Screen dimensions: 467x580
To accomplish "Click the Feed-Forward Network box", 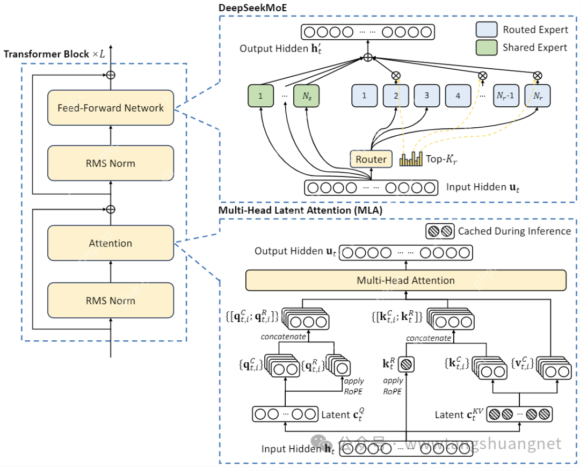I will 111,108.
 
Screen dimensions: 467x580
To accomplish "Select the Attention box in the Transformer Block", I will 111,243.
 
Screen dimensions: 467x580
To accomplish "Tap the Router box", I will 371,159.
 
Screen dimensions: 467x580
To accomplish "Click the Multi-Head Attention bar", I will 405,280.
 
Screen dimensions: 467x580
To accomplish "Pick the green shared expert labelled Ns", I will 306,96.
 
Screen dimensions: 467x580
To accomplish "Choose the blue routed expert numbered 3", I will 427,96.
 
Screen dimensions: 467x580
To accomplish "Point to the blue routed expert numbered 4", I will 458,96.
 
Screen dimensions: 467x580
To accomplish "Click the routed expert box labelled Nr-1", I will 506,96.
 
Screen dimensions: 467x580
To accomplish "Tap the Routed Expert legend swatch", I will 487,30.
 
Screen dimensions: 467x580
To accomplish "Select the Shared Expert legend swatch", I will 487,47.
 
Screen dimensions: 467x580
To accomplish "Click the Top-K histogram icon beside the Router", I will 412,159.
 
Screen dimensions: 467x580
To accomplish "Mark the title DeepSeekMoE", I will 252,8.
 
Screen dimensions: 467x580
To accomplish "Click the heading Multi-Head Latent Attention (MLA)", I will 300,210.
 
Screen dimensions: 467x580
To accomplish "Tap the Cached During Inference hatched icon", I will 440,231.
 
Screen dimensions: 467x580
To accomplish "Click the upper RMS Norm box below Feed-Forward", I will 111,163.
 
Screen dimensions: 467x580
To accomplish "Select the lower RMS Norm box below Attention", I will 111,300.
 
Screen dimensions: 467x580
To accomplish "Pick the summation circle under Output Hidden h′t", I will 367,57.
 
